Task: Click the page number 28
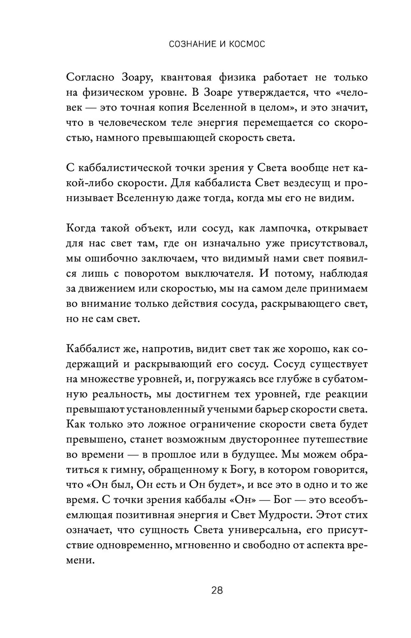217,591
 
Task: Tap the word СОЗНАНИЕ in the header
192,44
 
